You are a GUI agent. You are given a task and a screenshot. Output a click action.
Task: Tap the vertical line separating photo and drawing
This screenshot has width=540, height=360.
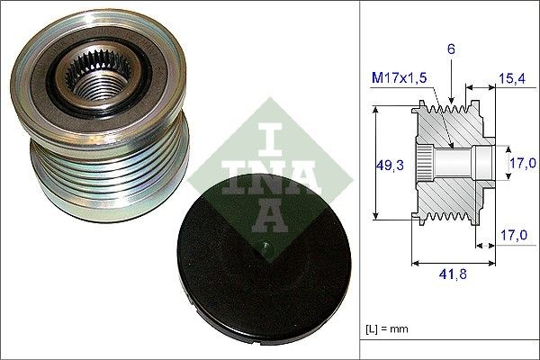(x=358, y=180)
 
